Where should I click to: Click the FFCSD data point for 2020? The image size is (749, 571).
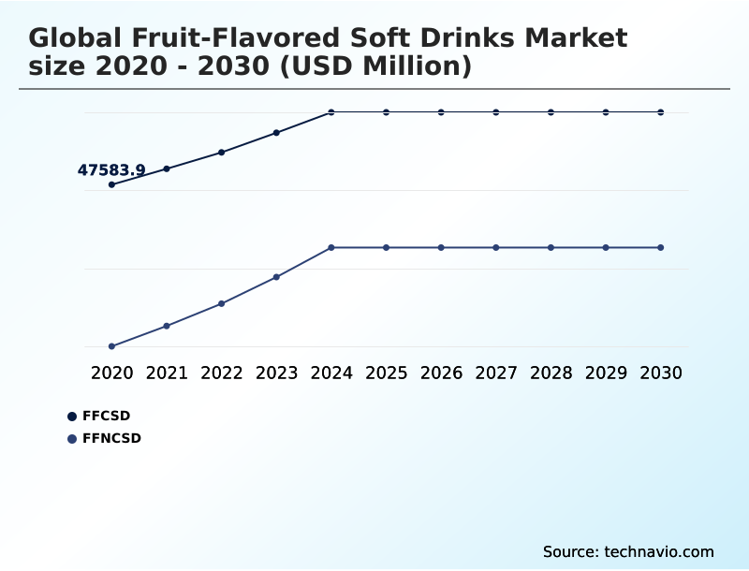coord(112,184)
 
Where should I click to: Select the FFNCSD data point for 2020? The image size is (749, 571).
coord(112,346)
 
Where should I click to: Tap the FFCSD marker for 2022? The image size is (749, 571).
coord(222,152)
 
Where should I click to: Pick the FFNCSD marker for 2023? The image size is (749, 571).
coord(277,277)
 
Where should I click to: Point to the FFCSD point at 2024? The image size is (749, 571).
coord(331,112)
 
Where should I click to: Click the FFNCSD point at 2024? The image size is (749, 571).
coord(331,247)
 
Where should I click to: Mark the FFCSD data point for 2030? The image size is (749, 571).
coord(661,112)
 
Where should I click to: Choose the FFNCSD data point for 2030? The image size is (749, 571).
coord(661,247)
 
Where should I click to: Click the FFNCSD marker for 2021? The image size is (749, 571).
coord(167,326)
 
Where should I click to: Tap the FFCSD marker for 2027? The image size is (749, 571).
coord(496,112)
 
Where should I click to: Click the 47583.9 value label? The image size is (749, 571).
coord(111,170)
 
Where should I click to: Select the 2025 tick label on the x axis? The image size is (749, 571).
coord(386,373)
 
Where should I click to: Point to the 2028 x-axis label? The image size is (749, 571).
coord(551,373)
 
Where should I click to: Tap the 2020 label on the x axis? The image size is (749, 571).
coord(112,373)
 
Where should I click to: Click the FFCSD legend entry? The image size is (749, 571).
coord(106,416)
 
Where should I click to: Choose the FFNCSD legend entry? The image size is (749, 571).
coord(110,438)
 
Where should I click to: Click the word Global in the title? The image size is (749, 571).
coord(76,39)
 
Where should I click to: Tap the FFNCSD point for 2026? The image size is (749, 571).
coord(441,247)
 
